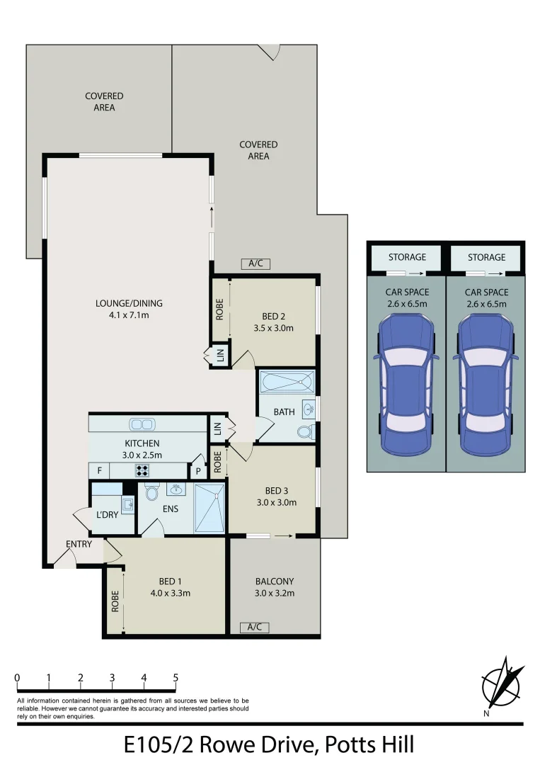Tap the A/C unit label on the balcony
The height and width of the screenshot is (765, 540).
pyautogui.click(x=255, y=627)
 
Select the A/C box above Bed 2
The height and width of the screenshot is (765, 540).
pyautogui.click(x=255, y=263)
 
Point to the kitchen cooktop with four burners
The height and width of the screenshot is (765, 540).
pyautogui.click(x=142, y=470)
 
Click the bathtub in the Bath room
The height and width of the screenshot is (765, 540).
pyautogui.click(x=287, y=383)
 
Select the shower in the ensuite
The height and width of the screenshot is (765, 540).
pyautogui.click(x=209, y=507)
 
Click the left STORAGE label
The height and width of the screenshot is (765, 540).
pyautogui.click(x=407, y=257)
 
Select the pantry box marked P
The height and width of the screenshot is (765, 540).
pyautogui.click(x=197, y=471)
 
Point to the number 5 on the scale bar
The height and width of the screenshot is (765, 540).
pyautogui.click(x=176, y=678)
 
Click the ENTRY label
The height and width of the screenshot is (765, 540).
pyautogui.click(x=79, y=544)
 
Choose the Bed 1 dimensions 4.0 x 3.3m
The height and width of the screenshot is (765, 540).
pyautogui.click(x=171, y=594)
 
